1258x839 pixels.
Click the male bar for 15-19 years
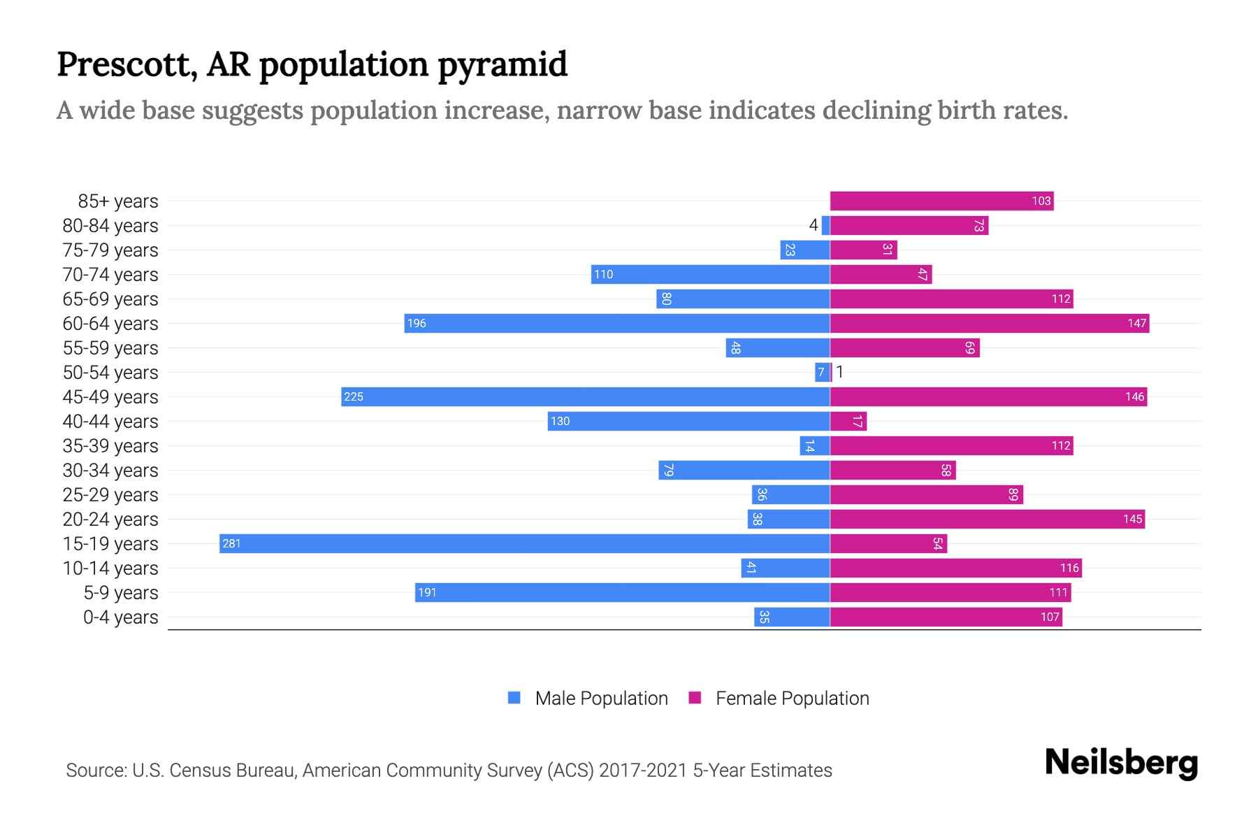click(524, 543)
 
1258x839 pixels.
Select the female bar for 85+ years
click(941, 201)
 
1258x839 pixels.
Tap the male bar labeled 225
click(585, 396)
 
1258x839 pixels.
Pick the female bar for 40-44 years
click(848, 421)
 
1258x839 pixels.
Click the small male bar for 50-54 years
click(821, 372)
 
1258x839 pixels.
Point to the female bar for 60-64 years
click(989, 323)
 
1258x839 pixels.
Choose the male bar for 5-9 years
click(622, 592)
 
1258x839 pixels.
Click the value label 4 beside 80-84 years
click(813, 225)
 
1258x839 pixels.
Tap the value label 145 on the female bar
click(1132, 519)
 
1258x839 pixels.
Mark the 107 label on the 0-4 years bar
click(1050, 617)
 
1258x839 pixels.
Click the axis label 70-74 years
click(110, 275)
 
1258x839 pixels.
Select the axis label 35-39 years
click(110, 446)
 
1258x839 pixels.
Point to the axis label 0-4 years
click(120, 617)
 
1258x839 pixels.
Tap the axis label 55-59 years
click(110, 348)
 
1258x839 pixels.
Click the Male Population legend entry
click(600, 698)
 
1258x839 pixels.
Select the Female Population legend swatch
click(695, 698)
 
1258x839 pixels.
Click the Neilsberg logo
click(1121, 763)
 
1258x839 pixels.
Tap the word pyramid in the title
click(503, 65)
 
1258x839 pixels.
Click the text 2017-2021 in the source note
click(642, 770)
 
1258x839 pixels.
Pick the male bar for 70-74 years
click(710, 274)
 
